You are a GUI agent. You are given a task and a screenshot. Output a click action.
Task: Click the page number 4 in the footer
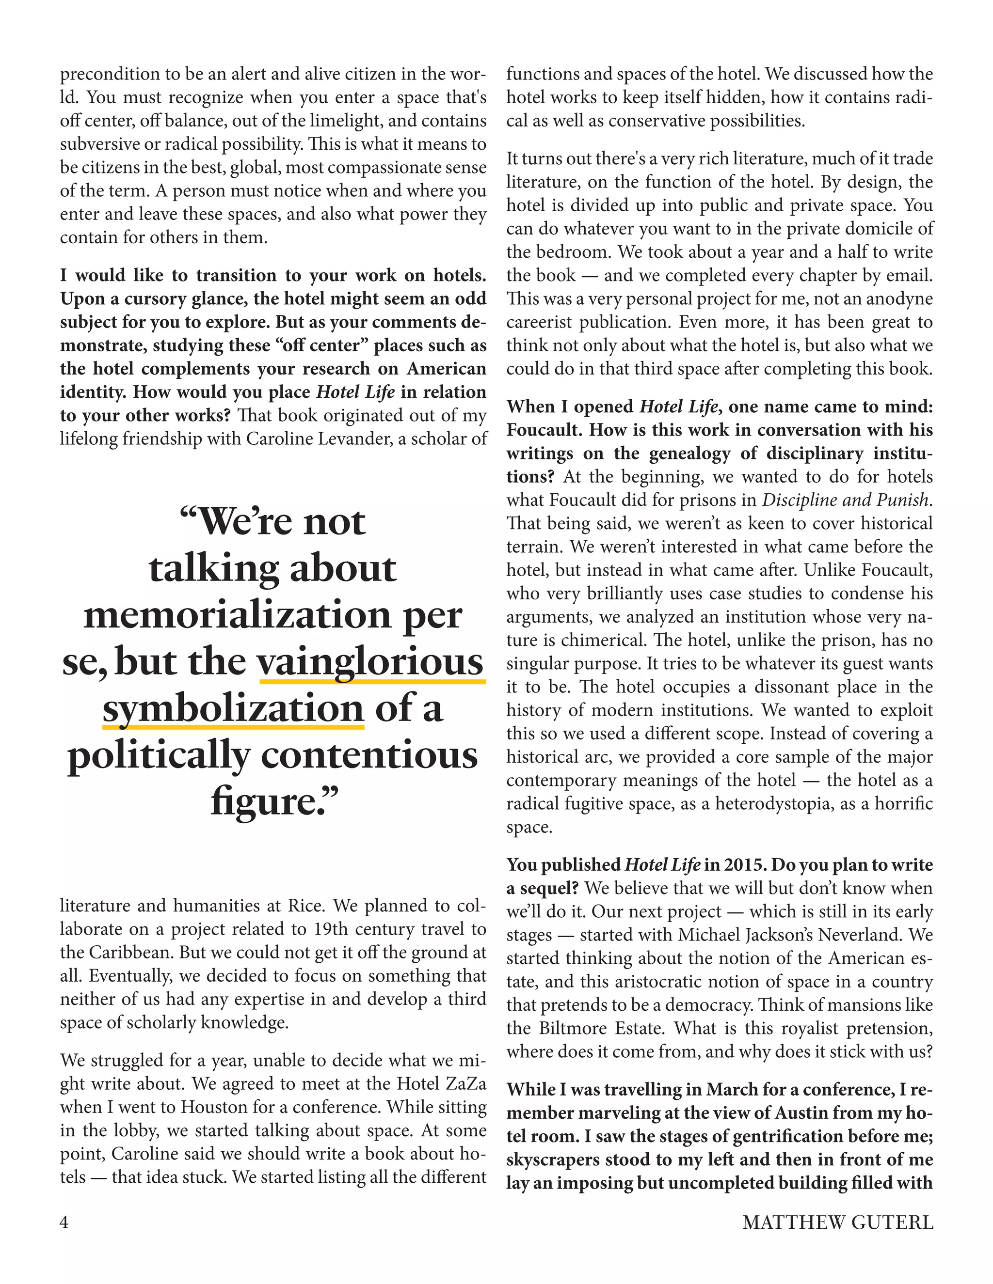pos(64,1223)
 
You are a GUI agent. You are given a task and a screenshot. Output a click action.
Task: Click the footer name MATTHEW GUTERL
pos(838,1223)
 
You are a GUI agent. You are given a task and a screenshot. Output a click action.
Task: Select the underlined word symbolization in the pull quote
pos(233,708)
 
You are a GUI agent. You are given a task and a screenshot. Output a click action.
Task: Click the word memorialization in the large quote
pos(237,615)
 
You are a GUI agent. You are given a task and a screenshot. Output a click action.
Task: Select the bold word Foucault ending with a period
pos(545,430)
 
